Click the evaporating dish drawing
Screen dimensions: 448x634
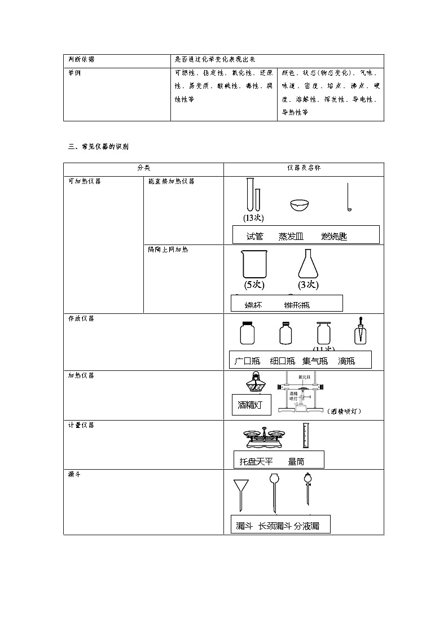coord(300,205)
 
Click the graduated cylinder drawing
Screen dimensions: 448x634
coord(306,435)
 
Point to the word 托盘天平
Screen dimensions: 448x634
coord(256,462)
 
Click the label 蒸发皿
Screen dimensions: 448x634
coord(291,237)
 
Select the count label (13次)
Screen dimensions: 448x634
coord(253,218)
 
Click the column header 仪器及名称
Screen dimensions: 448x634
coord(304,168)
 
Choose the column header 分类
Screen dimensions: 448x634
coord(143,168)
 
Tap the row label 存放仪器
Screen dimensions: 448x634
coord(81,319)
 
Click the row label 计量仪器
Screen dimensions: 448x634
coord(81,425)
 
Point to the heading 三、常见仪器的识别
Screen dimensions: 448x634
coord(98,147)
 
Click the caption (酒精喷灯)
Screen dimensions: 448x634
coord(344,412)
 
